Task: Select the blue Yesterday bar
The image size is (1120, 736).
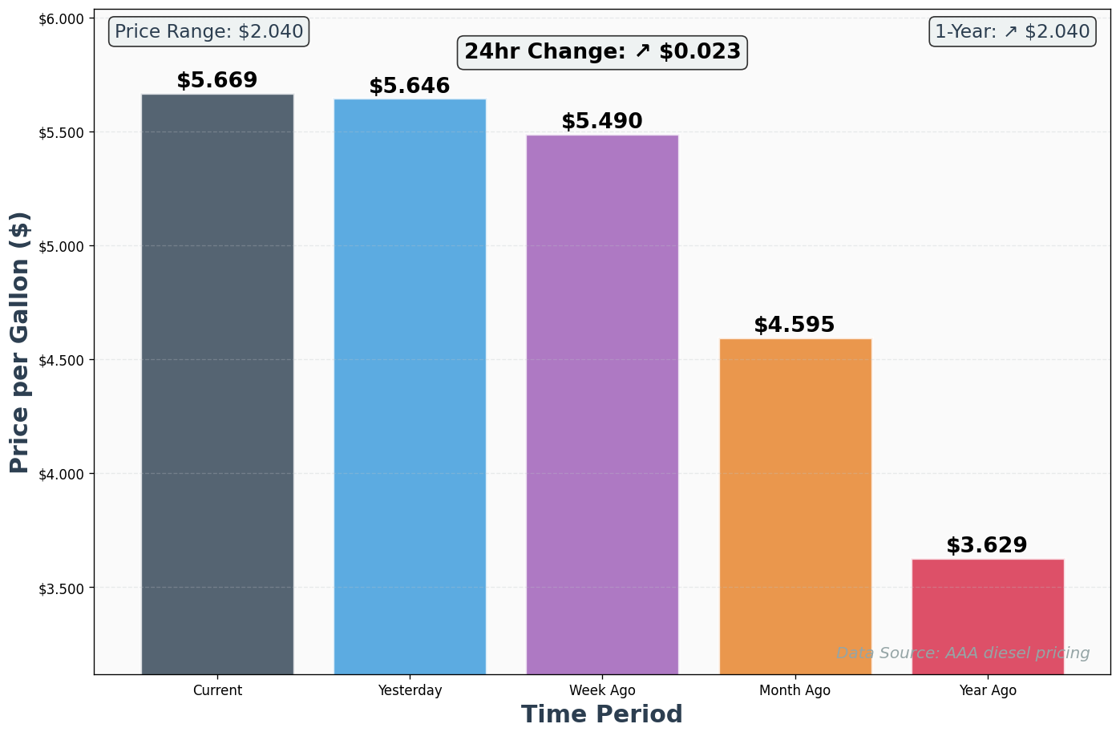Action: pos(410,386)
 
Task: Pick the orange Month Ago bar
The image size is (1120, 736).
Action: pos(795,505)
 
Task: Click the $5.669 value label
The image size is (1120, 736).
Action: pos(217,81)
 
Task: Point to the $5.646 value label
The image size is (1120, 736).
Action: pos(410,87)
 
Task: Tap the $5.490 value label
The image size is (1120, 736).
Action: pos(602,122)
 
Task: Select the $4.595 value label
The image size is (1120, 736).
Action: pos(795,326)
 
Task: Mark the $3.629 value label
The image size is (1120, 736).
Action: pos(987,546)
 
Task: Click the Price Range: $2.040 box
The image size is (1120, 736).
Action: pos(208,32)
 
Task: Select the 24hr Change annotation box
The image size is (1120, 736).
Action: pos(603,52)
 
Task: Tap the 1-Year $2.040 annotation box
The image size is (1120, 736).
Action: pos(1013,32)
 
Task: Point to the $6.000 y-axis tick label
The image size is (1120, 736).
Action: pos(62,18)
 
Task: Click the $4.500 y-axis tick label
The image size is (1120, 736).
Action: pos(62,360)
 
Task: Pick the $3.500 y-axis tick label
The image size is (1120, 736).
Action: pos(62,588)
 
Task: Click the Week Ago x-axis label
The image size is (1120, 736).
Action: pos(602,690)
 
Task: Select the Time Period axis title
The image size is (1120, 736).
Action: pos(602,714)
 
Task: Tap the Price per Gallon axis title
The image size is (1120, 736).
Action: pos(20,342)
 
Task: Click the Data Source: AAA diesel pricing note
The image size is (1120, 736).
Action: pos(963,653)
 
